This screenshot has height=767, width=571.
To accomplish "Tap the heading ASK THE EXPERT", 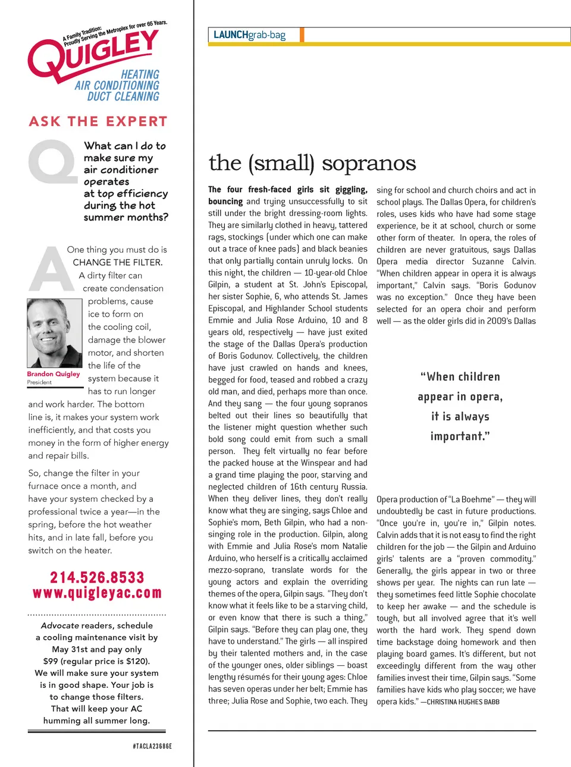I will click(x=98, y=122).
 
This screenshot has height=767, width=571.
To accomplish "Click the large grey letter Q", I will click(x=52, y=161).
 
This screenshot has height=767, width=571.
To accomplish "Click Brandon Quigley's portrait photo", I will click(x=54, y=333).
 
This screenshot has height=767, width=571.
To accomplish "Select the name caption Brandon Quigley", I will click(x=53, y=374).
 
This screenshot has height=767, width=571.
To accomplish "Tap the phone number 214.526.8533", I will click(x=97, y=577).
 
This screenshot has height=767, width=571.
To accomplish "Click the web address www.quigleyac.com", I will click(x=97, y=593).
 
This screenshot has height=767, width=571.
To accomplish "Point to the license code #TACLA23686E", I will click(x=152, y=746).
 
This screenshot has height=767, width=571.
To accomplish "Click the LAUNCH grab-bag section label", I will click(x=249, y=35).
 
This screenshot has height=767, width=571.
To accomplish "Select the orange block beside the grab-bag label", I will click(x=302, y=35).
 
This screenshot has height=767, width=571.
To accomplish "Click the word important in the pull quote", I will click(x=460, y=436).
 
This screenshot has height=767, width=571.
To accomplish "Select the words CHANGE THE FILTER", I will click(x=117, y=262).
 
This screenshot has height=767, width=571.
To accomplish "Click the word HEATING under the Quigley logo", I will click(x=140, y=74).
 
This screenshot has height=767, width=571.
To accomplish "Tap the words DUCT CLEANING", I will click(x=123, y=96).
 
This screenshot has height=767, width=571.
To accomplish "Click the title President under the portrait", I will click(x=39, y=382).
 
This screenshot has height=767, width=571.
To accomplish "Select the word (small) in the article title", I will click(x=281, y=163).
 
